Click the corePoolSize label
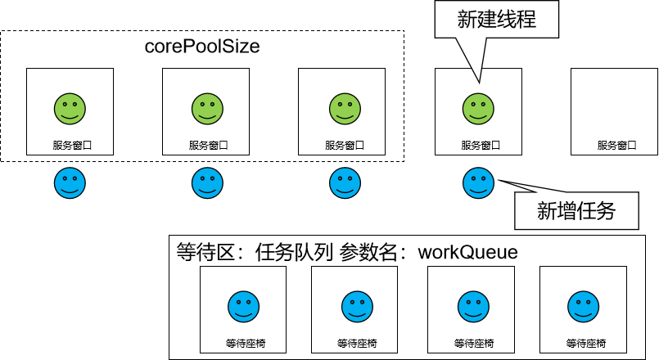(x=201, y=47)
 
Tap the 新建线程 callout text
(x=496, y=19)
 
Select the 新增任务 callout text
(x=575, y=212)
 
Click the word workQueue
(x=467, y=252)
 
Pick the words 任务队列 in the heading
(x=293, y=252)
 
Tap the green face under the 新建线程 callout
(x=478, y=109)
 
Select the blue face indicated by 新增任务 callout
(x=478, y=182)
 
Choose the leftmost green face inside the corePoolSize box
(x=70, y=109)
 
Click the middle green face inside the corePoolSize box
(x=206, y=109)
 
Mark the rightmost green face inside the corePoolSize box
(x=342, y=109)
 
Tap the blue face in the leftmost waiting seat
(x=242, y=307)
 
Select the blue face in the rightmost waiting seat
(x=583, y=307)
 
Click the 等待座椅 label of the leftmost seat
(x=242, y=343)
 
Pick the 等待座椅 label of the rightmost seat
(x=583, y=343)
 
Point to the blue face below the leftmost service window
(x=70, y=182)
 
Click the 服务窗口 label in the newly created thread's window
(x=478, y=146)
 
